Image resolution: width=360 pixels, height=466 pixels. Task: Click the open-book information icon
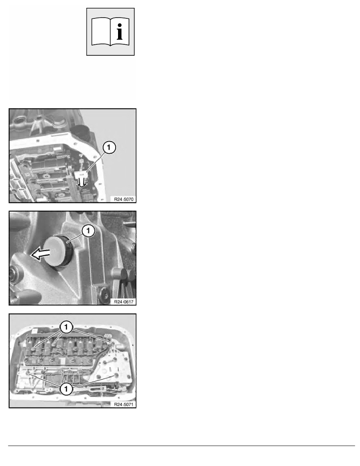[x=110, y=31]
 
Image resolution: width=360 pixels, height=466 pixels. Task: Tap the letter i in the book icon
[x=120, y=32]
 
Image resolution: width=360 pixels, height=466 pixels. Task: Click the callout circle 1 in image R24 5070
[x=109, y=147]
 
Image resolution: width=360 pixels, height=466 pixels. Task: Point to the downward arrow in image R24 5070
[x=82, y=182]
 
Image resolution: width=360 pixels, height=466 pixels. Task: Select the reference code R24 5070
[x=124, y=199]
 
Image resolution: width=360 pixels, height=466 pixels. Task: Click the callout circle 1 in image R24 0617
[x=88, y=231]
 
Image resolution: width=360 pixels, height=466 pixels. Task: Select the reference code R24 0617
[x=124, y=302]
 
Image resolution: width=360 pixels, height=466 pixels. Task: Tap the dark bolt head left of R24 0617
[x=104, y=295]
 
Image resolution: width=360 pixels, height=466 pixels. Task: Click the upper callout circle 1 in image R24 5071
[x=66, y=327]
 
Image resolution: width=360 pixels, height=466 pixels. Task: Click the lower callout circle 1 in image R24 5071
[x=66, y=389]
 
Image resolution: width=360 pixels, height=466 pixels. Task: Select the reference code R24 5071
[x=124, y=404]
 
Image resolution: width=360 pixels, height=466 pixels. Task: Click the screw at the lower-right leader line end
[x=115, y=376]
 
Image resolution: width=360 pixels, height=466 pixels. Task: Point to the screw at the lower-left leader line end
[x=27, y=373]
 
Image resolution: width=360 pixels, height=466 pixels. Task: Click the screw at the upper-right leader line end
[x=113, y=343]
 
